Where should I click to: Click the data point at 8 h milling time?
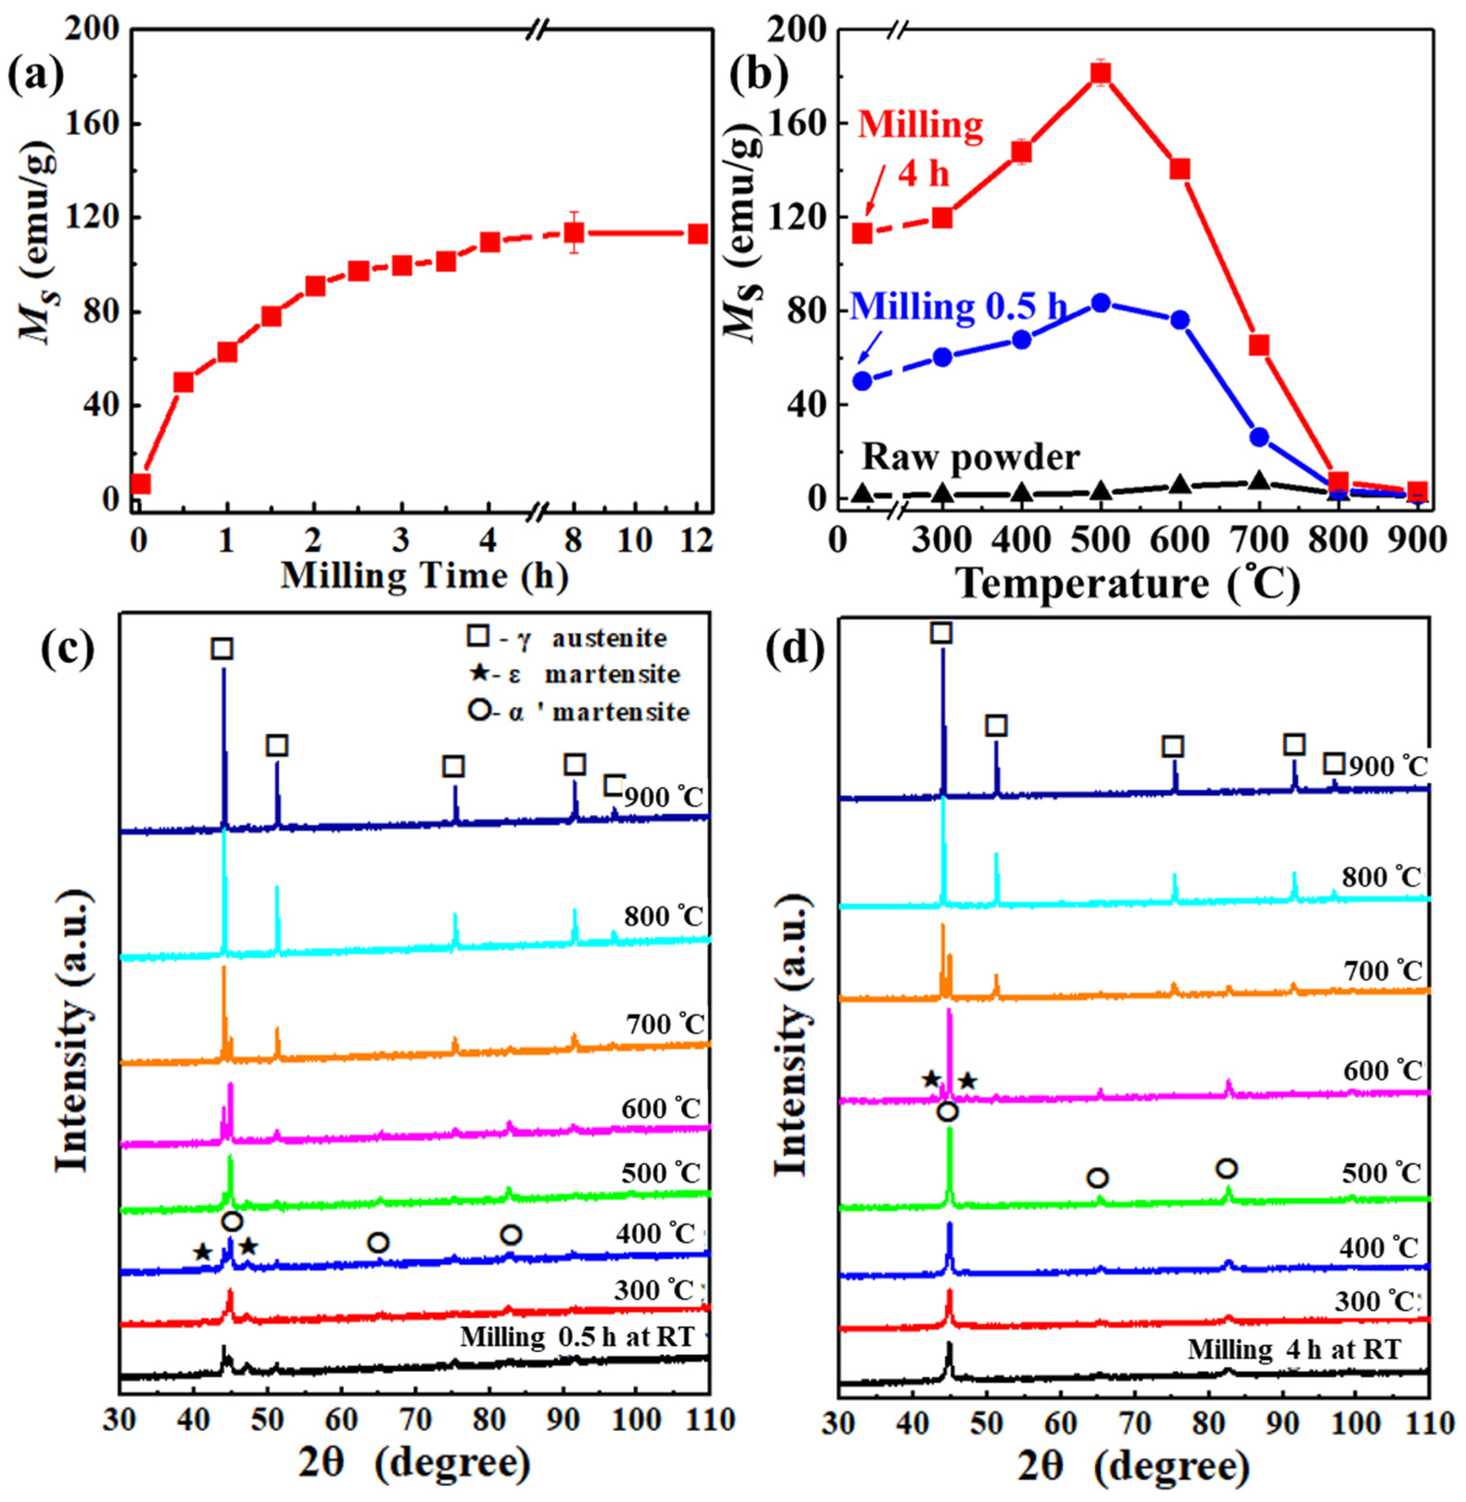[x=574, y=232]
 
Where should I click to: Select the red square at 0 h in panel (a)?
[x=140, y=483]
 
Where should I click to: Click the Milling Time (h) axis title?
[x=424, y=577]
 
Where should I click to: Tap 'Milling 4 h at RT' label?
[x=1293, y=1349]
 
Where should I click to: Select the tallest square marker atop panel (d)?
[x=941, y=633]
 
